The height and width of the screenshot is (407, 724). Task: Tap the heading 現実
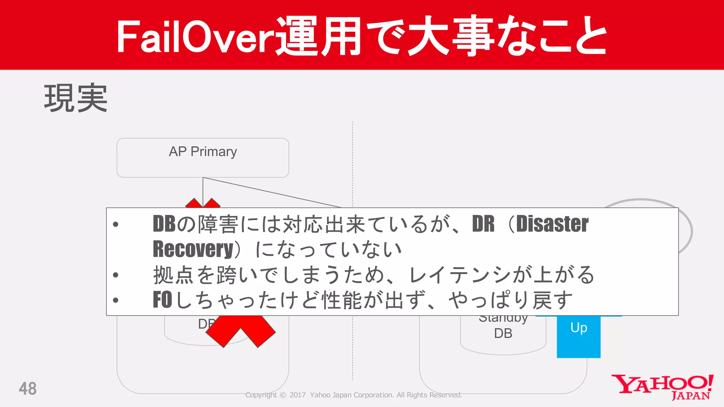coord(76,98)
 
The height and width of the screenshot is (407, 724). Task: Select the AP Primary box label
coord(203,152)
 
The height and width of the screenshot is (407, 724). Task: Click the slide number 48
coord(28,389)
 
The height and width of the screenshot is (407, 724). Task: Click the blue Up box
coord(578,336)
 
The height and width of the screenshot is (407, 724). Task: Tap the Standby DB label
coord(503,327)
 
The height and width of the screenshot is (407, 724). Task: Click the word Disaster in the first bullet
coord(552,224)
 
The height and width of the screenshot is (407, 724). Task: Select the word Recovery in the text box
coord(193,249)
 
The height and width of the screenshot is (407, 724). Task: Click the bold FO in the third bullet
coord(162,300)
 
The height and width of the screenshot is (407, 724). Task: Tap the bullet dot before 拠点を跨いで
coord(116,275)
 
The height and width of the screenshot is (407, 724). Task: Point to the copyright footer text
coord(354,395)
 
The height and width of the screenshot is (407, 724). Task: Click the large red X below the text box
coord(240,330)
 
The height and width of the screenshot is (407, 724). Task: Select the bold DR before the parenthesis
coord(483,224)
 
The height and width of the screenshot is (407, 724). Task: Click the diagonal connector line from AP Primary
coord(272,193)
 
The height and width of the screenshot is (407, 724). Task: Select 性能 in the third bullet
coord(342,300)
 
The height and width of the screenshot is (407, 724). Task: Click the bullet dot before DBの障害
coord(116,224)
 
